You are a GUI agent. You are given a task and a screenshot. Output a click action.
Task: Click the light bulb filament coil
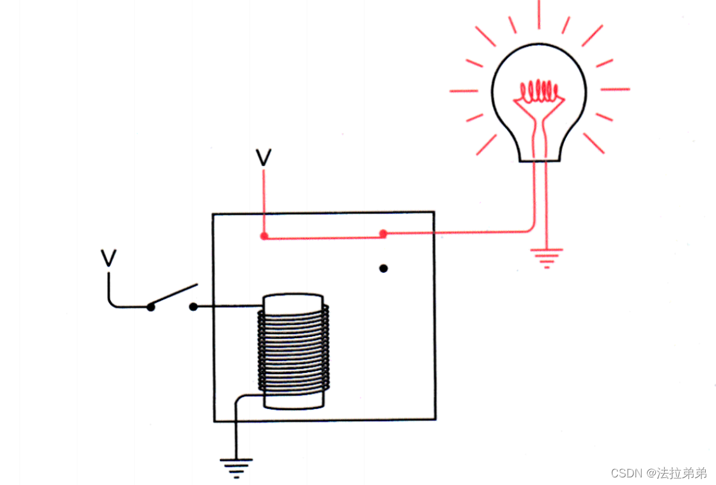pos(539,92)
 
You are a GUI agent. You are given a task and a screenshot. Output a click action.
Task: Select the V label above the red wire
pos(264,158)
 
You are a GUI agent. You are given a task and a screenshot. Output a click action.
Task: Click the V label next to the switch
pos(109,258)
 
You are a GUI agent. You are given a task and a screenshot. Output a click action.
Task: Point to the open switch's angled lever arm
pos(173,295)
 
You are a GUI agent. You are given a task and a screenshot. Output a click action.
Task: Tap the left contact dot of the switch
pos(151,307)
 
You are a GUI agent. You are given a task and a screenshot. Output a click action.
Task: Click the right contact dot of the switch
pos(193,307)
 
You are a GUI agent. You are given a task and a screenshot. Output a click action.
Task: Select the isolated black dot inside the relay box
pos(383,268)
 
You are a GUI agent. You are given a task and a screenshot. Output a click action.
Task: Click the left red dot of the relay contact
pos(264,236)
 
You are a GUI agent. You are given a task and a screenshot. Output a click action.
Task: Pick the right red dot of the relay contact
pos(383,234)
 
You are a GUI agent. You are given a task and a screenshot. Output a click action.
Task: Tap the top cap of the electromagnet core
pos(293,300)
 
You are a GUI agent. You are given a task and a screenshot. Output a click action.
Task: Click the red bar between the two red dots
pos(323,237)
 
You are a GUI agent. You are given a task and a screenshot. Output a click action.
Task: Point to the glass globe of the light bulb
pos(539,82)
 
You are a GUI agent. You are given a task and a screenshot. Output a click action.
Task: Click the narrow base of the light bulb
pos(539,152)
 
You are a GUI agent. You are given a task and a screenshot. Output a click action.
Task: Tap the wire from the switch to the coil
pos(228,307)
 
